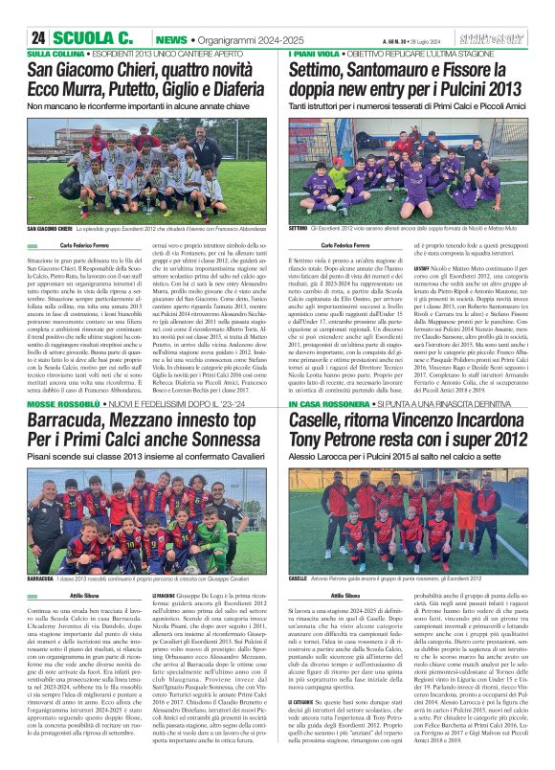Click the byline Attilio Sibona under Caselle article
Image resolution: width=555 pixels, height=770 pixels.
345,596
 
